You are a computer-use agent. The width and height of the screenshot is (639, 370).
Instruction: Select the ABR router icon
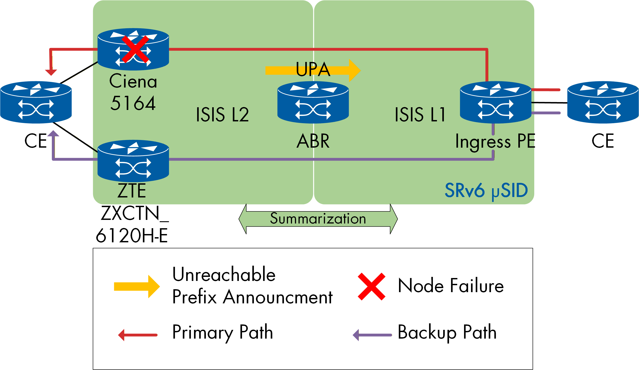pos(313,103)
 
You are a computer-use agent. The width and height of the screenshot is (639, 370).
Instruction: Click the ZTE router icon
pos(133,161)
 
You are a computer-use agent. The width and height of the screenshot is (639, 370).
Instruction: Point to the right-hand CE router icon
pos(603,103)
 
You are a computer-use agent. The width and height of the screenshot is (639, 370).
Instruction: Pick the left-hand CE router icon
pos(36,103)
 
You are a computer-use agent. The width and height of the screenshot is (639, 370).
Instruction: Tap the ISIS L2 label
pos(222,115)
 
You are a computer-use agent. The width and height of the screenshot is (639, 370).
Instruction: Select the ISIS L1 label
pos(420,115)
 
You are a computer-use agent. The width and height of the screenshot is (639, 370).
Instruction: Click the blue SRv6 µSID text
pos(486,190)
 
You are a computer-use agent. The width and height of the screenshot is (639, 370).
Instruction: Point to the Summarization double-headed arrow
pos(318,219)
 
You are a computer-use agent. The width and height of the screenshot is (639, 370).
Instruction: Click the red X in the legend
pos(371,287)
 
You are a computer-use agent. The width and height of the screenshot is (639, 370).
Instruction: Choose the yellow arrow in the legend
pos(137,286)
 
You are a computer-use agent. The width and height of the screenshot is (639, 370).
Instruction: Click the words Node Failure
pos(451,286)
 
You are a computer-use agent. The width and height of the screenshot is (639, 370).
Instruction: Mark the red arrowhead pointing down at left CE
pos(51,72)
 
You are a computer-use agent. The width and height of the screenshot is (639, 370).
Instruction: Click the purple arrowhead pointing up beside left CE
pos(53,134)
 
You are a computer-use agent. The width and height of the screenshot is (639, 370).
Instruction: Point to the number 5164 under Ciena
pos(133,103)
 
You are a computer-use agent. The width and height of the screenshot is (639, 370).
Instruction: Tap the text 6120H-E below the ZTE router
pos(132,236)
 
